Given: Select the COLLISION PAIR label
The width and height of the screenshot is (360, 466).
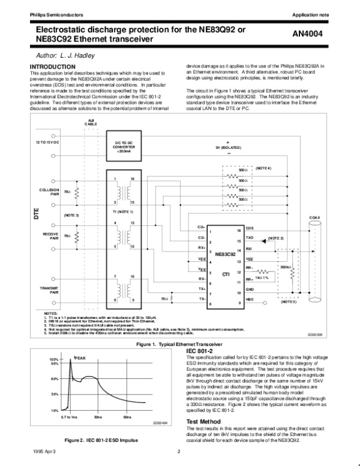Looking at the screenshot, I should coord(50,192).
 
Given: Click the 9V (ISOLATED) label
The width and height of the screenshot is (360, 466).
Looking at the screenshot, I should coord(229,146).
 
